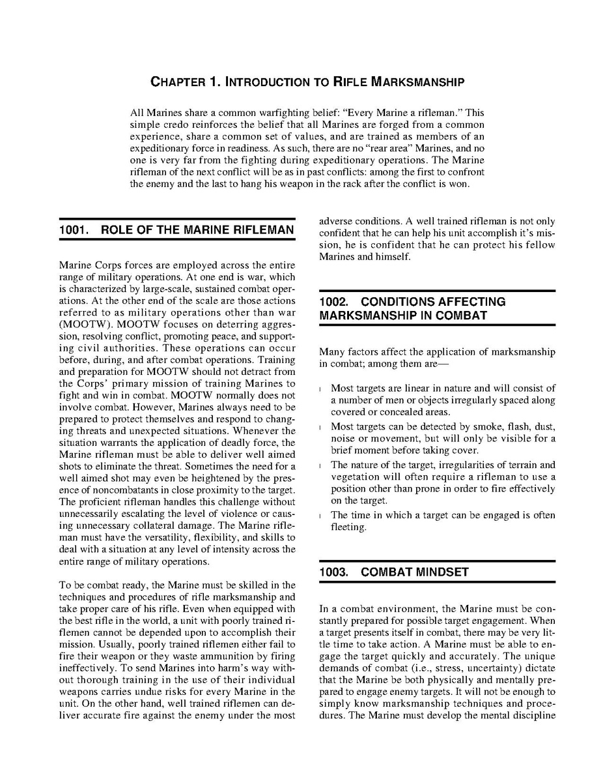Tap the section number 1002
335,302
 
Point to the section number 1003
335,572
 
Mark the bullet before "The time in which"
322,516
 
